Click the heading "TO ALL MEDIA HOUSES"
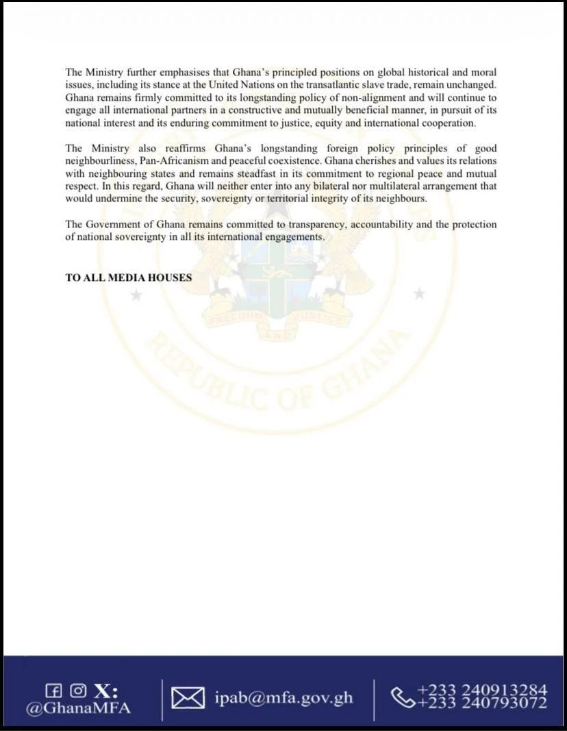pos(129,277)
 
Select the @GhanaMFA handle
pos(77,708)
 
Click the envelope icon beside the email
pos(188,699)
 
